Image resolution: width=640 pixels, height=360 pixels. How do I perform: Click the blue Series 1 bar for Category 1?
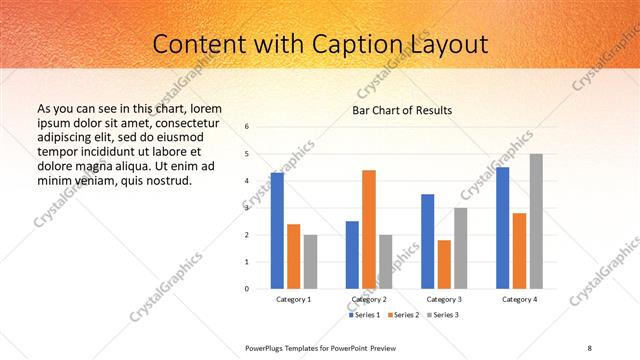click(x=277, y=230)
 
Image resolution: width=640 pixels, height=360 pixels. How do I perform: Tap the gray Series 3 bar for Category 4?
click(x=536, y=221)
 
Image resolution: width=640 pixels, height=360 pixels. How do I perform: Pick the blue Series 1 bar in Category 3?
click(x=428, y=241)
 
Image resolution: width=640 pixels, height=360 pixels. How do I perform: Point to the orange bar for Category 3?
click(x=444, y=264)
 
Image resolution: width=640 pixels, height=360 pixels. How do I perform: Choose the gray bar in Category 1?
click(x=310, y=261)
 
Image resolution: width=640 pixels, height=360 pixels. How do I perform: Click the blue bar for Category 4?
click(x=503, y=227)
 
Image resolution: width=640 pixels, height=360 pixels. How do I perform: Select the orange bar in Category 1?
click(x=293, y=256)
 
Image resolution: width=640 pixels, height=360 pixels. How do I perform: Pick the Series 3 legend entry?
click(x=443, y=316)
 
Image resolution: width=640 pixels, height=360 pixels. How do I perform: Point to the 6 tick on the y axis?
click(x=247, y=127)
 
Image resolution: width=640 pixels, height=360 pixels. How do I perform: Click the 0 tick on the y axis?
click(x=247, y=289)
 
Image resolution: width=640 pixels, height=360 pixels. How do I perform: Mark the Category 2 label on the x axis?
click(x=369, y=300)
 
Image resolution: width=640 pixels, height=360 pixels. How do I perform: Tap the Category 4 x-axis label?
click(x=519, y=300)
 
